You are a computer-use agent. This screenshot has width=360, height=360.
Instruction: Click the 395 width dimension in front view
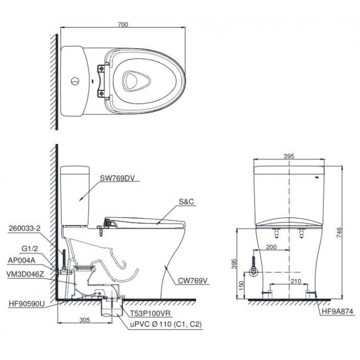click(288, 156)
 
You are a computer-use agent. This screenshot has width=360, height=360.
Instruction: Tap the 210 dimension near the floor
click(289, 281)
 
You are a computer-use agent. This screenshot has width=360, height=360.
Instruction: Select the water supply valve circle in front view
click(253, 272)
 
